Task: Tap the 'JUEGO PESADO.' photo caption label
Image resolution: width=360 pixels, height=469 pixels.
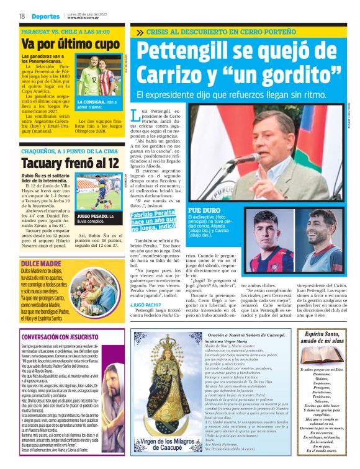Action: coord(92,215)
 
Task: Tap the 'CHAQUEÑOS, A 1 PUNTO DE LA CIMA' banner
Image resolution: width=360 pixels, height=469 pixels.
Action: coord(70,151)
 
